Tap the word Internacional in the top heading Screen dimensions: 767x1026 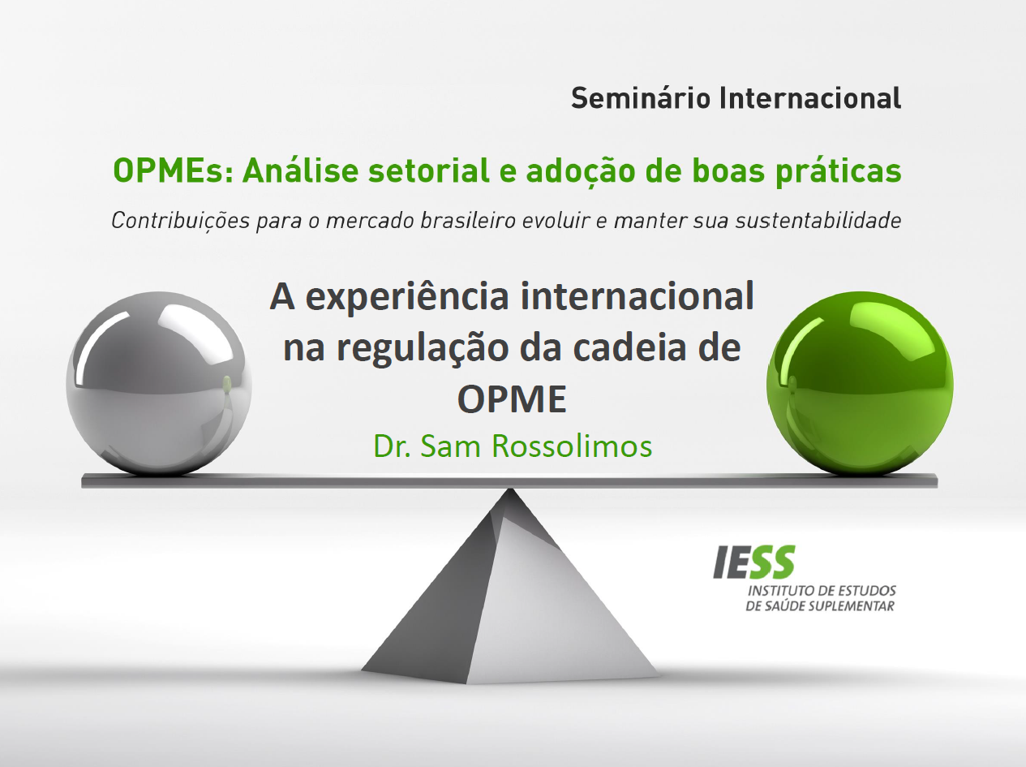pos(811,98)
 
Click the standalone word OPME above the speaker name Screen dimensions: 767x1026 pos(512,399)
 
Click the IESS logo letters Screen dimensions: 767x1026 pos(753,562)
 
